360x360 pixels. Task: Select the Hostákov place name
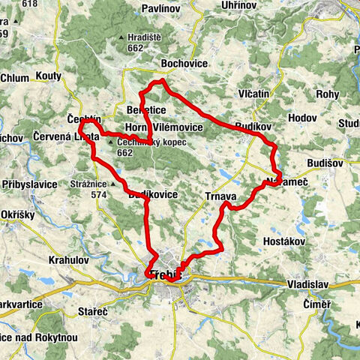tap(283, 241)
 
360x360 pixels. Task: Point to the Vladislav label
tap(308, 284)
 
